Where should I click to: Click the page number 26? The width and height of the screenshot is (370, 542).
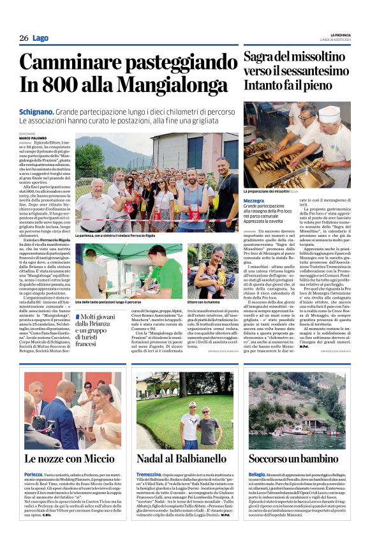coord(24,38)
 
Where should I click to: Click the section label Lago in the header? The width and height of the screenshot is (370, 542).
coord(40,38)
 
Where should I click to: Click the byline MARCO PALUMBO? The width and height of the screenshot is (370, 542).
coord(32,138)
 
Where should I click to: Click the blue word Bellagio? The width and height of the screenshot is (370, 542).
coord(256,475)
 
